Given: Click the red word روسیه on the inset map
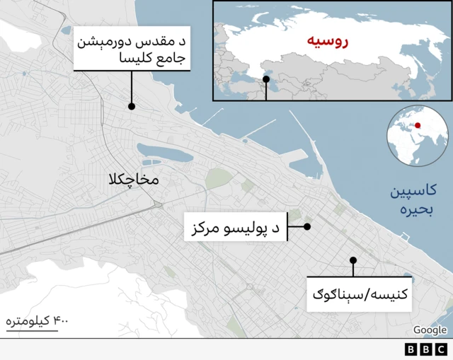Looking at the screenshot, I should [328, 41].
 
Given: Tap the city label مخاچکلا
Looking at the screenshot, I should [134, 180].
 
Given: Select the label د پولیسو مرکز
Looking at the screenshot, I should [236, 228].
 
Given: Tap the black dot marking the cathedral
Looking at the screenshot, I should [132, 107].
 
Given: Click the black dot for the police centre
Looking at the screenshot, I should [308, 227].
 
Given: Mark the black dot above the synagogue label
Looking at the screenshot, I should [352, 260].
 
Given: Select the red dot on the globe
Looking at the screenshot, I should [418, 126].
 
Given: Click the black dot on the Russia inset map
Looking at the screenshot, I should [266, 80].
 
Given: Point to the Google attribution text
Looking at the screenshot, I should [430, 330].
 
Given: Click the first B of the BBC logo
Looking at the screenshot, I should [411, 349].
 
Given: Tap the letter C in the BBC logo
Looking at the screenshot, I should [441, 349].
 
